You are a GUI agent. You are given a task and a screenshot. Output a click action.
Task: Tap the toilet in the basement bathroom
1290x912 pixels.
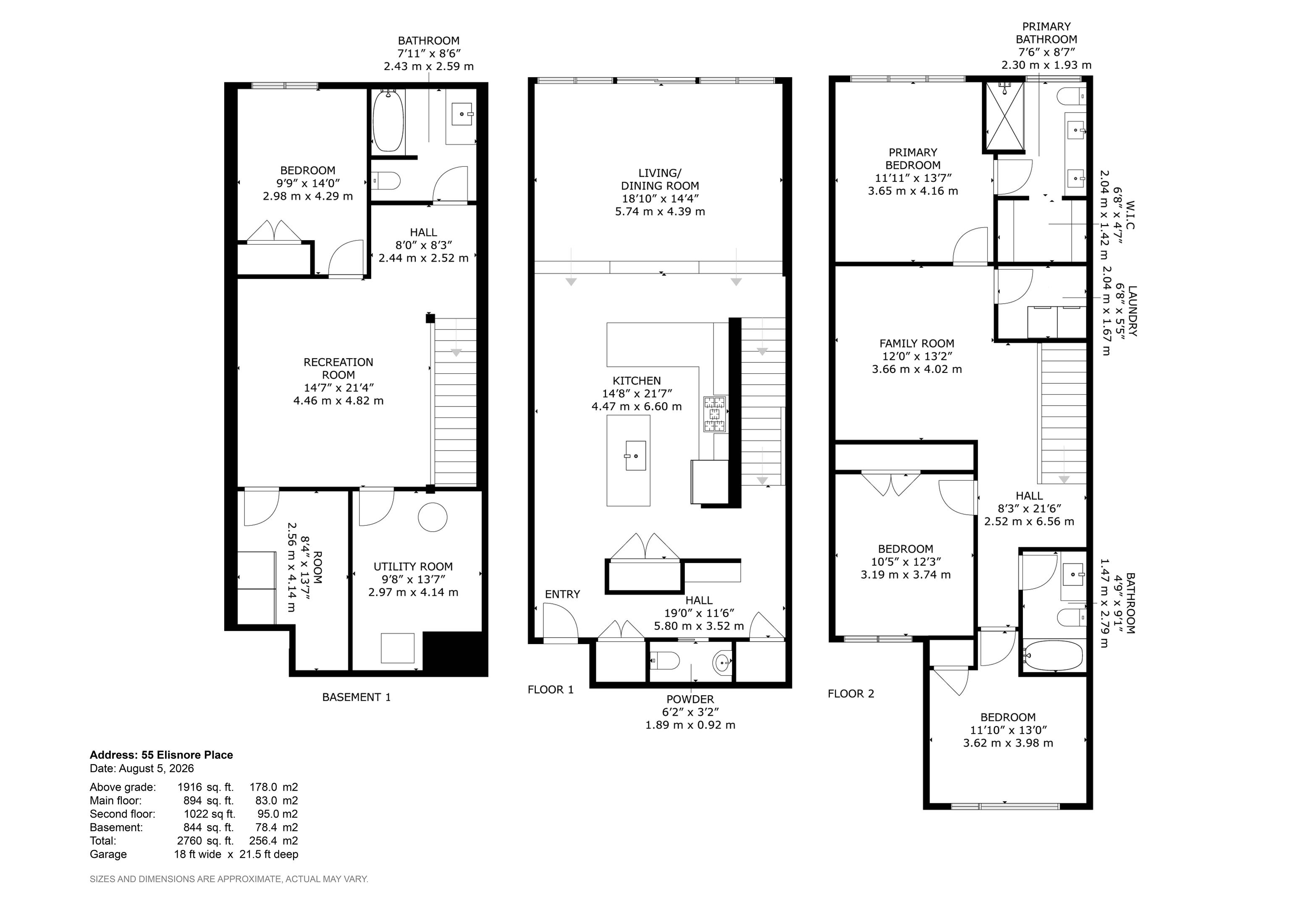(x=386, y=181)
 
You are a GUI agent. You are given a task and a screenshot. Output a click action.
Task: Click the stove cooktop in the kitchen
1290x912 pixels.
(x=714, y=414)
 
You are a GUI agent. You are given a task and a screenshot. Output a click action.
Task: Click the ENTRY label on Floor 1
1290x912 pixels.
(x=562, y=594)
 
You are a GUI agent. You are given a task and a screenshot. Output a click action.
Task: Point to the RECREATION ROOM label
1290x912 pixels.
(x=338, y=368)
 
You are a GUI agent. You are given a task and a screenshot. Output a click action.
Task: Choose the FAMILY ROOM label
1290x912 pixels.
(x=917, y=343)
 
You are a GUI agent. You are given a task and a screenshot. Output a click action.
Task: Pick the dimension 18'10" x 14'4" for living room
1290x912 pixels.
(x=660, y=198)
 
